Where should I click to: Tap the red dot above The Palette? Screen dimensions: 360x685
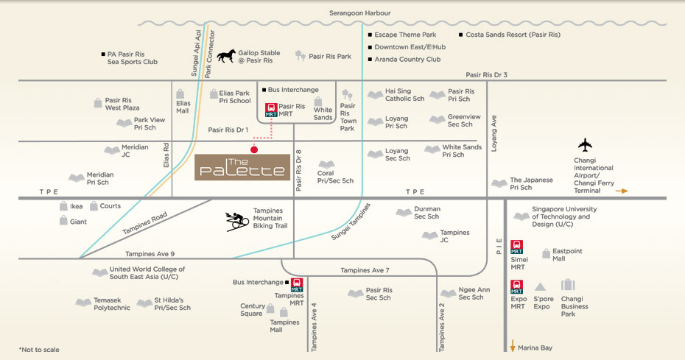254,149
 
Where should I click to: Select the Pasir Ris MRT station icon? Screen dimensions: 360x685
271,110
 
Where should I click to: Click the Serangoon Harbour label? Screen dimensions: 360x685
360,13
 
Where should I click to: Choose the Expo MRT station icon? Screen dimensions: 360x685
517,284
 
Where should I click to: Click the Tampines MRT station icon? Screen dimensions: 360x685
297,284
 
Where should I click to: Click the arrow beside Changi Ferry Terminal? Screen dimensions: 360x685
622,191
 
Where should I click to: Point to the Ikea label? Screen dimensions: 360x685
76,207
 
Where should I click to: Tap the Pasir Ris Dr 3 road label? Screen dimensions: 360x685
486,74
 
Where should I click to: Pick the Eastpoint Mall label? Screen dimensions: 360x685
567,255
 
